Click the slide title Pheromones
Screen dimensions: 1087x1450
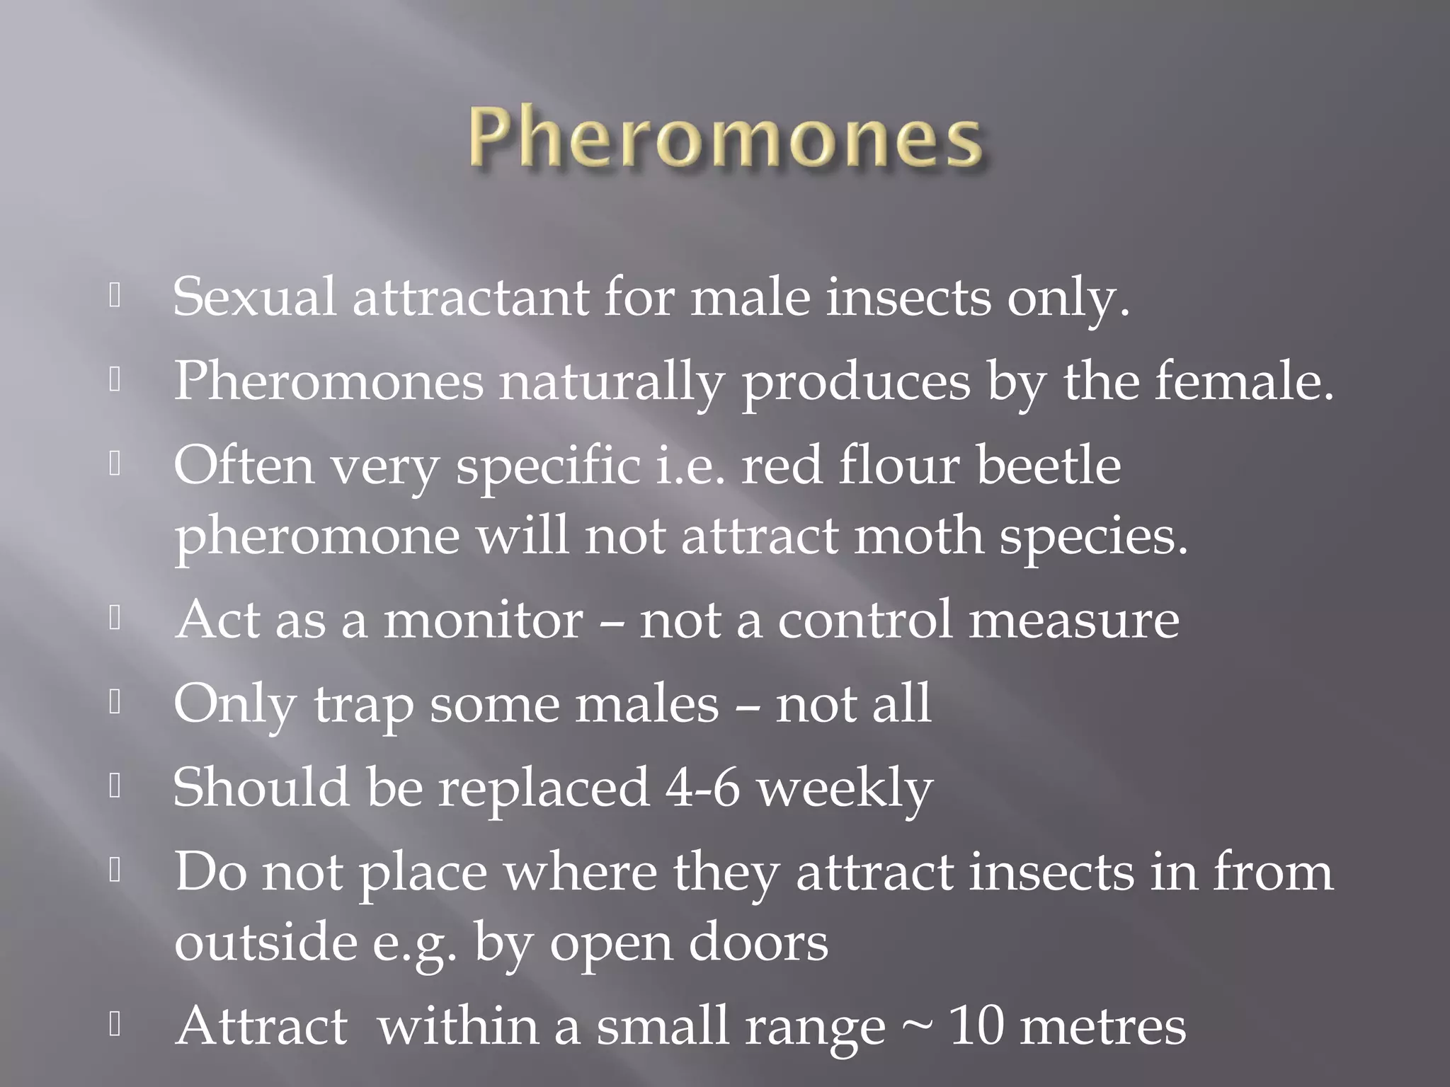pyautogui.click(x=724, y=139)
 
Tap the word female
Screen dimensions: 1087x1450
pyautogui.click(x=1243, y=381)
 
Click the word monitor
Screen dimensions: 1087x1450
pyautogui.click(x=484, y=620)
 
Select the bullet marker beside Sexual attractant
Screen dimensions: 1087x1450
pyautogui.click(x=115, y=297)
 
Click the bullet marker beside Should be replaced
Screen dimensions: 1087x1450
pyautogui.click(x=115, y=787)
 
